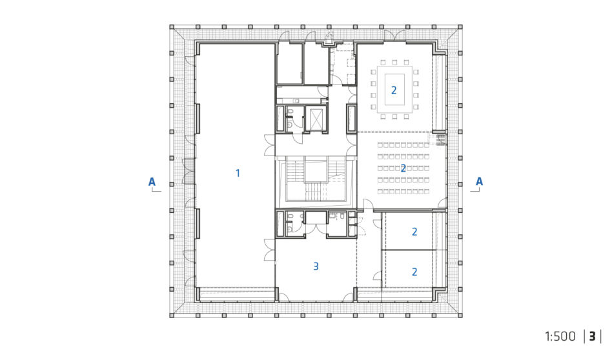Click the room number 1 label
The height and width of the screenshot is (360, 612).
coord(238,173)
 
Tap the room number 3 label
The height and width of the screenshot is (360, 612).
coord(316,266)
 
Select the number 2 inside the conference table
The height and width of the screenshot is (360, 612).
coord(394,90)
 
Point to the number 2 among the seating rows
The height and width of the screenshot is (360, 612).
coord(403,168)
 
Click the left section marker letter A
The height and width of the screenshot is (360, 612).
coord(152,181)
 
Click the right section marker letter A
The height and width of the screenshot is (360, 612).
coord(479,181)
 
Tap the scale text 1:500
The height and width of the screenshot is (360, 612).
coord(560,336)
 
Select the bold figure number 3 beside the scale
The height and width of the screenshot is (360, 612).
coord(592,336)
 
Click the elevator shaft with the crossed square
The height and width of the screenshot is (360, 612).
coord(316,119)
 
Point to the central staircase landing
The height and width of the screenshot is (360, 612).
coord(316,170)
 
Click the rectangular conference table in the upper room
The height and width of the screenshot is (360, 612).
coord(394,89)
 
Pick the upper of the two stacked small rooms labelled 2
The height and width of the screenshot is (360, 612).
coord(409,231)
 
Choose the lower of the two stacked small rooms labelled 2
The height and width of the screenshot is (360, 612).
coord(409,269)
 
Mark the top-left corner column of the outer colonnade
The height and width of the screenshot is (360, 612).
coord(172,27)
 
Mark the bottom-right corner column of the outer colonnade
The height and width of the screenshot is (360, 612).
coord(460,315)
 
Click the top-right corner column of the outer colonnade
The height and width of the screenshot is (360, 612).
coord(460,27)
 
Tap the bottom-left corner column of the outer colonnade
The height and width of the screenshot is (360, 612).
coord(172,315)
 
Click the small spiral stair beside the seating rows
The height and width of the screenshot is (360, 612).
coord(441,139)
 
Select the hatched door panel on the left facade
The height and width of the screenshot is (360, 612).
coord(189,171)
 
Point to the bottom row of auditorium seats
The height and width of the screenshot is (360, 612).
coord(403,192)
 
